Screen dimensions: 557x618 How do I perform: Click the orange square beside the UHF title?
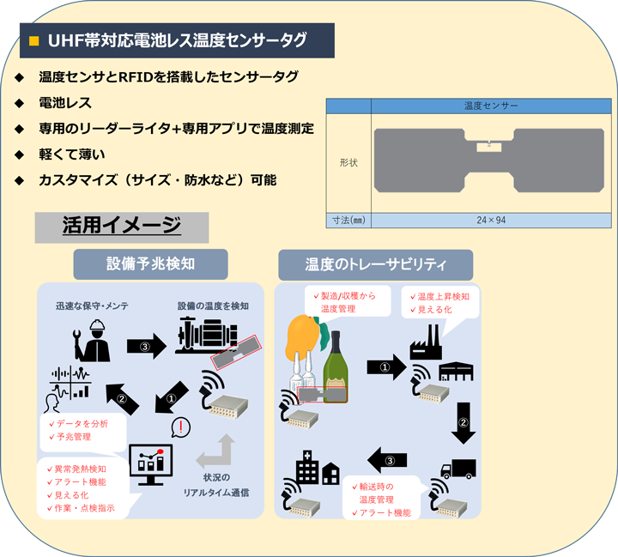(x=34, y=40)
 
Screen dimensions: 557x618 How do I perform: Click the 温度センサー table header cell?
(x=490, y=106)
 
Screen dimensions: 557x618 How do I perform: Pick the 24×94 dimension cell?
(x=490, y=220)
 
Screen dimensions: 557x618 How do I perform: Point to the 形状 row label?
(x=348, y=161)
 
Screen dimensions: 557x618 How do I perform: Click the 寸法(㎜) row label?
(x=348, y=220)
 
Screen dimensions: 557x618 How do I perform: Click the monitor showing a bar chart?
(x=150, y=465)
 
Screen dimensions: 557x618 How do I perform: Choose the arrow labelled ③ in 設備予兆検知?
(x=144, y=346)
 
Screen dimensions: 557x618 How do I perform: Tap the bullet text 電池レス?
(x=64, y=103)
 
